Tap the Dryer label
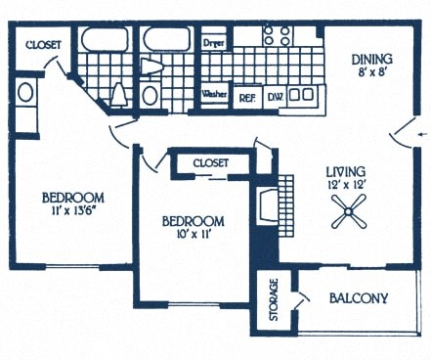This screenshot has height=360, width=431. [x=214, y=44]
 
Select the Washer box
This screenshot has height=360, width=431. [x=214, y=94]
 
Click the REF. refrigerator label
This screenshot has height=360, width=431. [x=247, y=97]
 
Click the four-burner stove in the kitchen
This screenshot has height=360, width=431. [x=278, y=36]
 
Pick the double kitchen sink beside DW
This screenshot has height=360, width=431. [x=305, y=95]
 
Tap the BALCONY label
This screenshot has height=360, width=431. [x=359, y=298]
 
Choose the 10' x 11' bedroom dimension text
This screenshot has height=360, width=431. [x=192, y=236]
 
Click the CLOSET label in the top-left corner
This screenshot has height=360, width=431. [x=44, y=44]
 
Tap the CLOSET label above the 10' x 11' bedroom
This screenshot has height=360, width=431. [x=210, y=162]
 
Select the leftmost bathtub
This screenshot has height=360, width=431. [x=104, y=40]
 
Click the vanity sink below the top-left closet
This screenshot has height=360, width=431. [x=26, y=95]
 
